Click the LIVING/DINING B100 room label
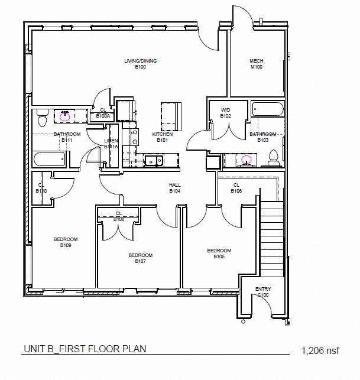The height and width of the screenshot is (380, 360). tap(140, 64)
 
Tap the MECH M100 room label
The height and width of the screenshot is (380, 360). tap(256, 64)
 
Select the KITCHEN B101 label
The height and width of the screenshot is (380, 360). tap(163, 137)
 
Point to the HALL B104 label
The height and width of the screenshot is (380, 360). tap(174, 188)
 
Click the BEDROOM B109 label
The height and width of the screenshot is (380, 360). tap(66, 242)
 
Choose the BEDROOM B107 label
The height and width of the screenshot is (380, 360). tap(141, 258)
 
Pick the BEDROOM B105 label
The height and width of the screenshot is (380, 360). tap(219, 253)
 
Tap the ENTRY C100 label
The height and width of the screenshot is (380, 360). tap(263, 291)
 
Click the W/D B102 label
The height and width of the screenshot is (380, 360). tap(225, 113)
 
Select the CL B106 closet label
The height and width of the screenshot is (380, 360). tap(236, 188)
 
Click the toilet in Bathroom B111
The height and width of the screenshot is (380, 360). tap(41, 119)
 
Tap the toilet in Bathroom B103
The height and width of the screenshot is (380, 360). tap(273, 157)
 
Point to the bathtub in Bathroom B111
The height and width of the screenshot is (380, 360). tap(50, 159)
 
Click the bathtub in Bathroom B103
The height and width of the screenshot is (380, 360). tap(267, 109)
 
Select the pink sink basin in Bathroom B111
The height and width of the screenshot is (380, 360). tap(64, 116)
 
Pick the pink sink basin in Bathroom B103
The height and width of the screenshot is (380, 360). tap(246, 159)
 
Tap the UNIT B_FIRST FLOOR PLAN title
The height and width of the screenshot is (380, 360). tap(85, 349)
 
